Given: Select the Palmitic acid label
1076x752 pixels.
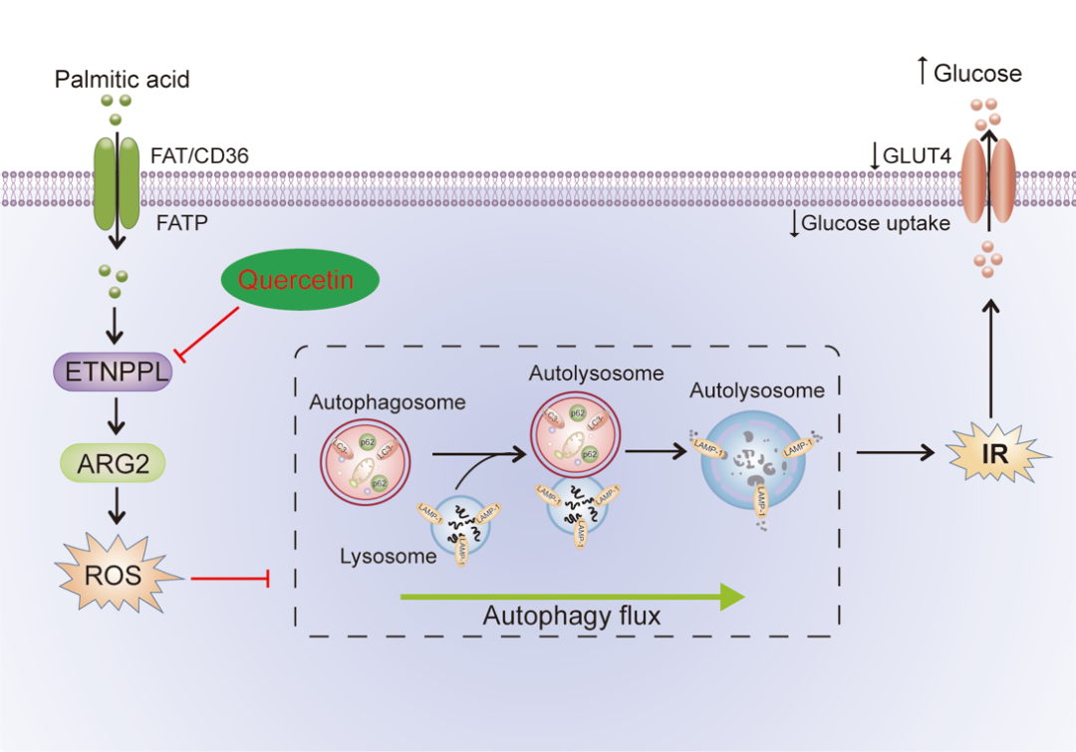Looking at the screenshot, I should [123, 78].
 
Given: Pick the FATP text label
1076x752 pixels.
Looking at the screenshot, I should [182, 223].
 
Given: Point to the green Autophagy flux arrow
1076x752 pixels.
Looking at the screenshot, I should [572, 596].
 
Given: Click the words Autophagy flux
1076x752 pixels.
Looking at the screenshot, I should [572, 616].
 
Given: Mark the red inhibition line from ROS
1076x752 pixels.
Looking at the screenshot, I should [229, 577].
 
